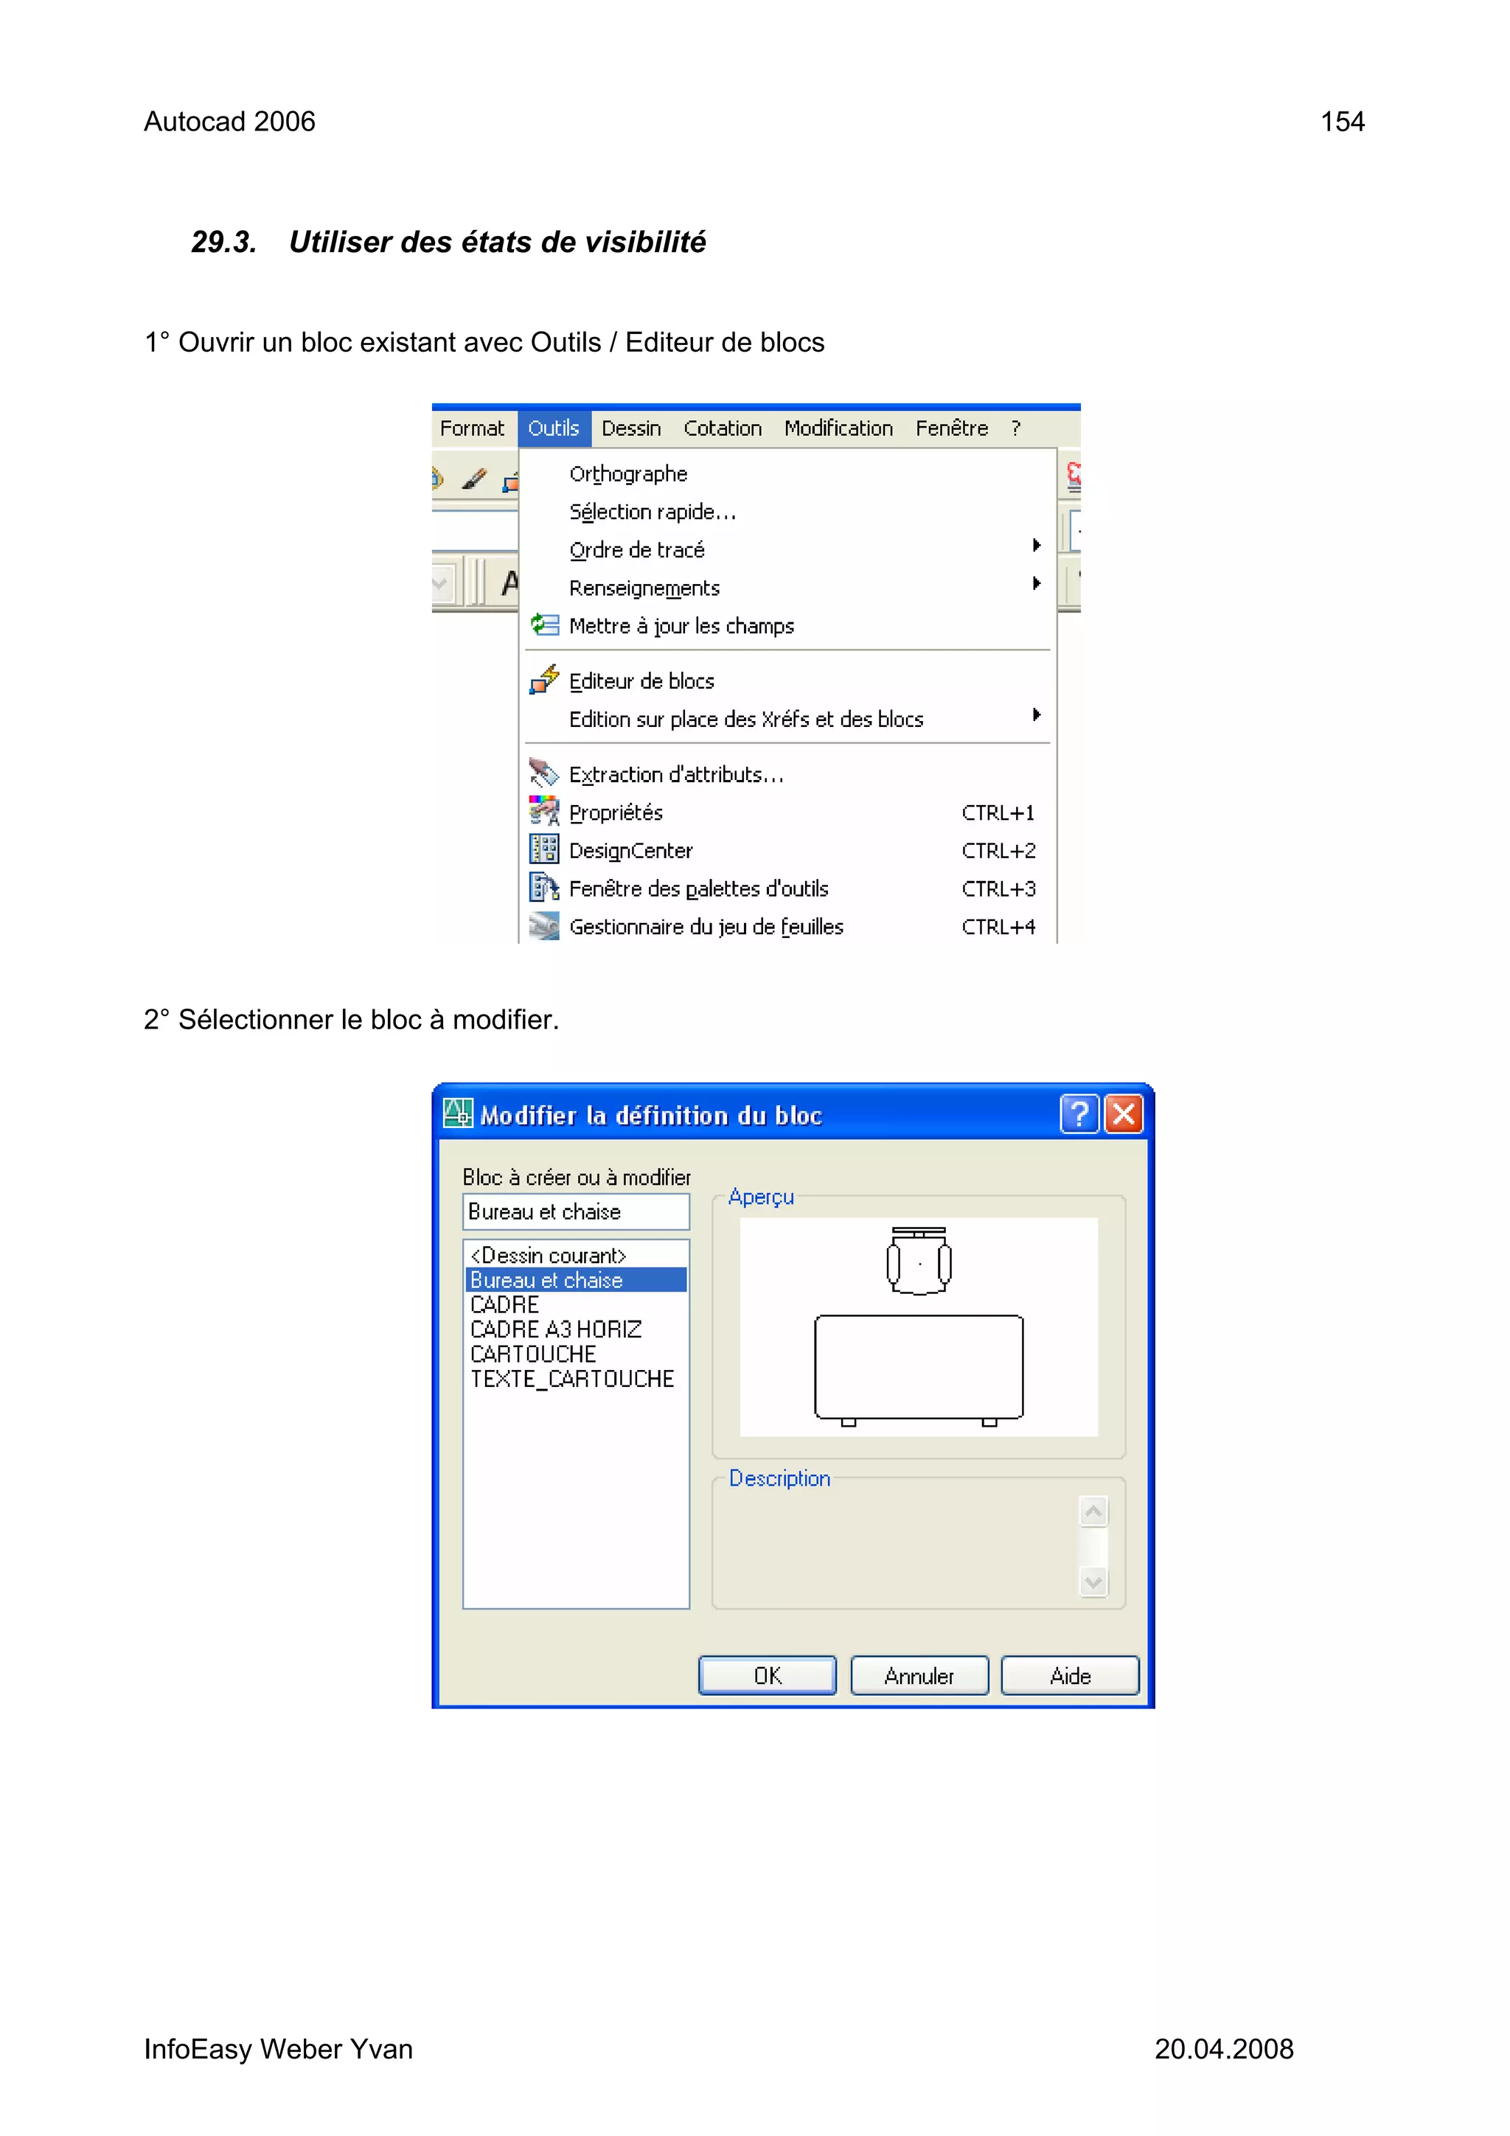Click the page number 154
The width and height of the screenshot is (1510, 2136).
pos(1342,122)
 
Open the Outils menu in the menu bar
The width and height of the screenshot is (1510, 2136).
pos(554,428)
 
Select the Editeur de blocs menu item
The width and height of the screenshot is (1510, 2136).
pos(641,681)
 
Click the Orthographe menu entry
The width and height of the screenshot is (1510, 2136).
pos(628,473)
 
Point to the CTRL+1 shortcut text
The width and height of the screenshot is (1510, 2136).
pos(998,813)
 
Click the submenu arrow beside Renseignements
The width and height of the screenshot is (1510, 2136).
pos(1035,584)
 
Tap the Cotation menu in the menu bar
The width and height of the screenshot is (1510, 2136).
pos(722,428)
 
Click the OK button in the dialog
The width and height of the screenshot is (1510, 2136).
pos(767,1675)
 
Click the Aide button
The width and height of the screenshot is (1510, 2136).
pos(1069,1675)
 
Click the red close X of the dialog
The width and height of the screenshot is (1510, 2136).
pos(1124,1113)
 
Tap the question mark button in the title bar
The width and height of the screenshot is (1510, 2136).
pos(1078,1113)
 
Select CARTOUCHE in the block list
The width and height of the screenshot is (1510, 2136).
pos(533,1354)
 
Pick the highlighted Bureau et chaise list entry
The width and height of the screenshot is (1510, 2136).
pos(546,1280)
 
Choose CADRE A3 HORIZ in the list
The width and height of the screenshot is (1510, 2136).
pos(555,1329)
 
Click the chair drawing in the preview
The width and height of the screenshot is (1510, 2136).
pos(918,1262)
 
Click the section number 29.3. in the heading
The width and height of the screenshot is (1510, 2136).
pos(223,242)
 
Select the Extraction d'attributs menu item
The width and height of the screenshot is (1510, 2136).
pos(676,775)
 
